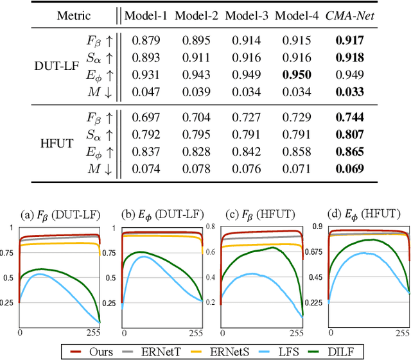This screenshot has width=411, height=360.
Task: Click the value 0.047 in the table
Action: (x=146, y=91)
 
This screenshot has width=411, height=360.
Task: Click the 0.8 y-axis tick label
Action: (x=209, y=226)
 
